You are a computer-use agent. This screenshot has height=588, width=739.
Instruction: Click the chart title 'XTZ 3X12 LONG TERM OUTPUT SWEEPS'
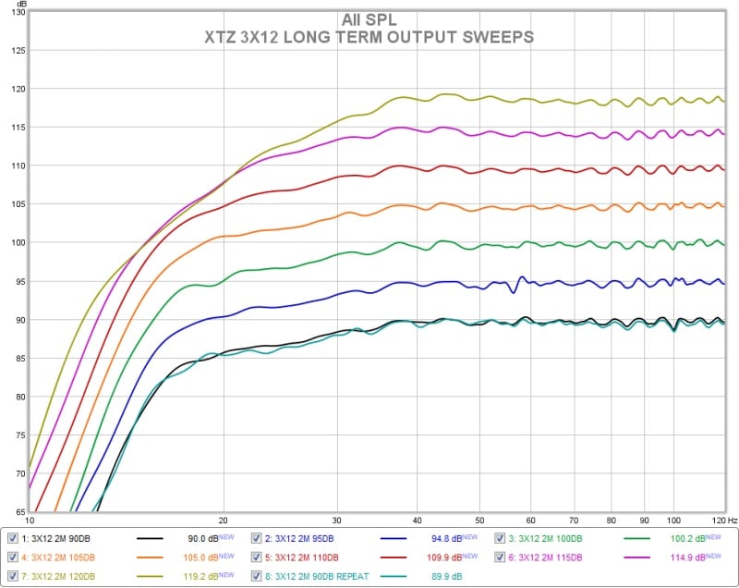[369, 37]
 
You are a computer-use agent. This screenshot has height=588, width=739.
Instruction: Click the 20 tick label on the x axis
[224, 521]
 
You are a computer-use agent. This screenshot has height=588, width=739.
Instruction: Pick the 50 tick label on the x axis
[479, 521]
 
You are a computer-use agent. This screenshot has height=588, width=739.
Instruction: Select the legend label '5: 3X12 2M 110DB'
[304, 557]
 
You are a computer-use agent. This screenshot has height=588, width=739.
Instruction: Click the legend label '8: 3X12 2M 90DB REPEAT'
[312, 575]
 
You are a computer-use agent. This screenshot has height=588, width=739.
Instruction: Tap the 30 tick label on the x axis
[337, 521]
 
